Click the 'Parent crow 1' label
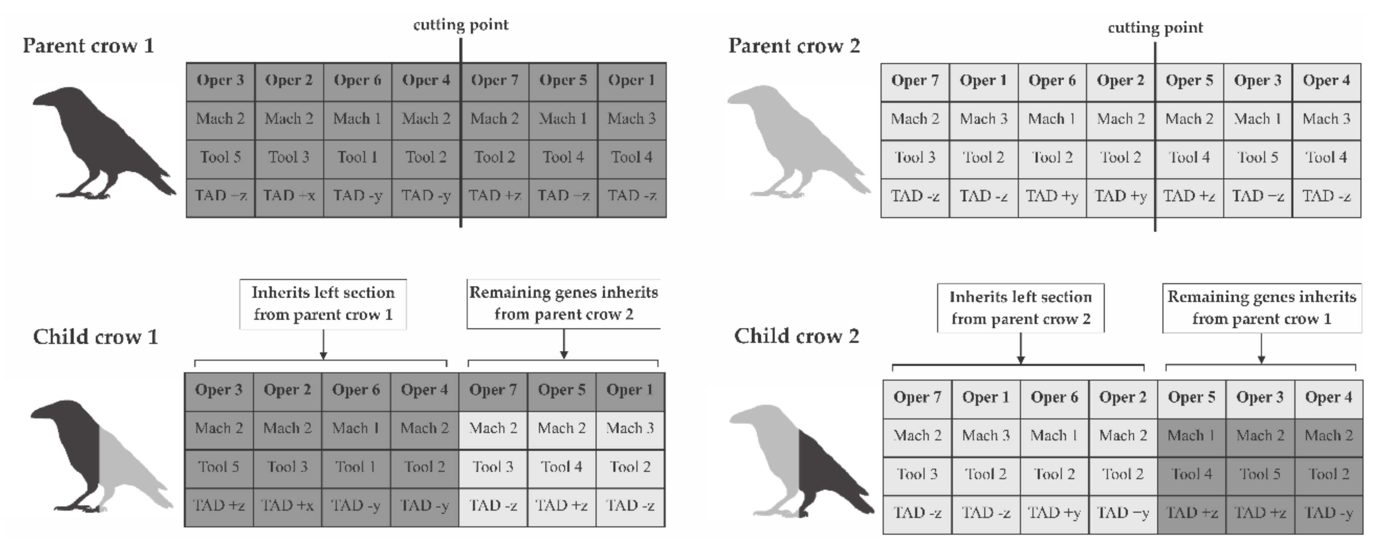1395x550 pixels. [x=88, y=45]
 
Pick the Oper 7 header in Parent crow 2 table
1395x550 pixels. [x=915, y=81]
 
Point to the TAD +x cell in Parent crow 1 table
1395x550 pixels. [x=289, y=196]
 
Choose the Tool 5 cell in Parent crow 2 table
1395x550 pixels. [x=1257, y=157]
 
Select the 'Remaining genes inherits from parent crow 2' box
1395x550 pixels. [x=563, y=304]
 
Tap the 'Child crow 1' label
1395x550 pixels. [x=95, y=337]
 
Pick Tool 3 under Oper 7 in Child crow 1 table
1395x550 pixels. [x=493, y=467]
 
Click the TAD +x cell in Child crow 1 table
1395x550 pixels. [x=287, y=505]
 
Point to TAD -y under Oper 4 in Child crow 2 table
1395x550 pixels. [x=1329, y=513]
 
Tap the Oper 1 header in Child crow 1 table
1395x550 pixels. [x=630, y=390]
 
